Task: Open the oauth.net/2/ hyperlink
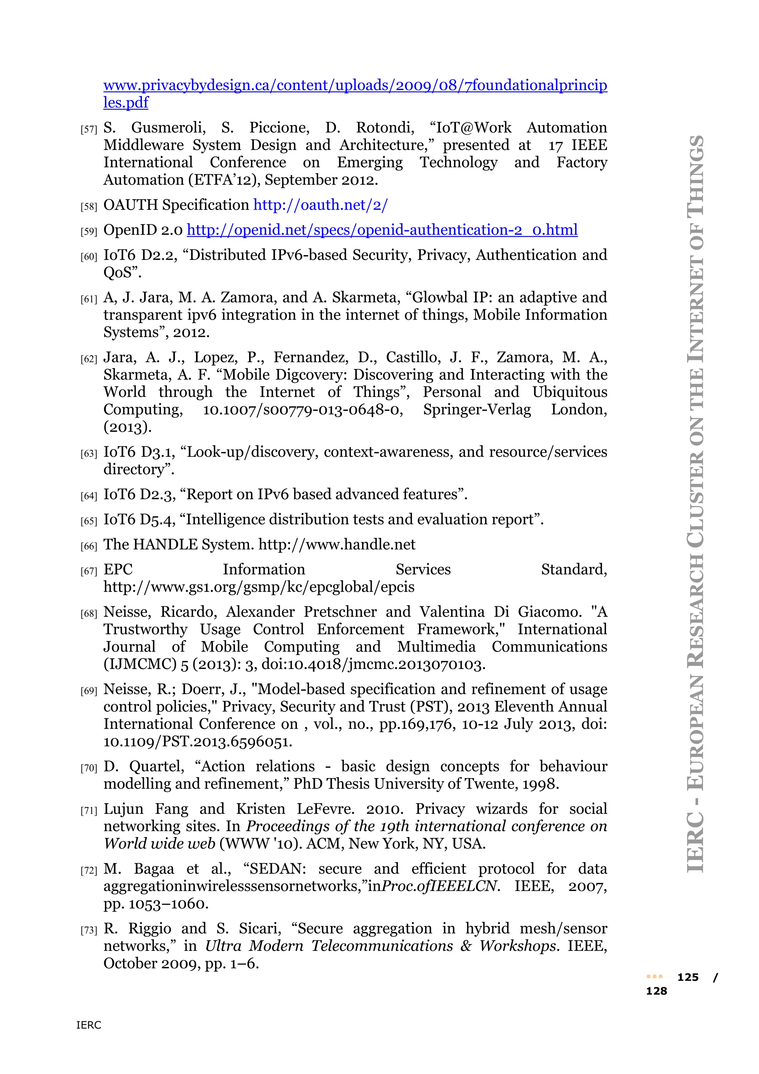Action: point(320,205)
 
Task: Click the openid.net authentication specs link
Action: point(382,230)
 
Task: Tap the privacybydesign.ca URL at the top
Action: point(355,86)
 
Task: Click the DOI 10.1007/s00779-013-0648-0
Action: point(302,410)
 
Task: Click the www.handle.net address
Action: point(337,544)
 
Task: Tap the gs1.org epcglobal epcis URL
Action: point(258,587)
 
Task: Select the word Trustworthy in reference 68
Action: point(145,630)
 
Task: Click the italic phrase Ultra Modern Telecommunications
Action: point(329,946)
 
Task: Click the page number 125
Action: point(687,978)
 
